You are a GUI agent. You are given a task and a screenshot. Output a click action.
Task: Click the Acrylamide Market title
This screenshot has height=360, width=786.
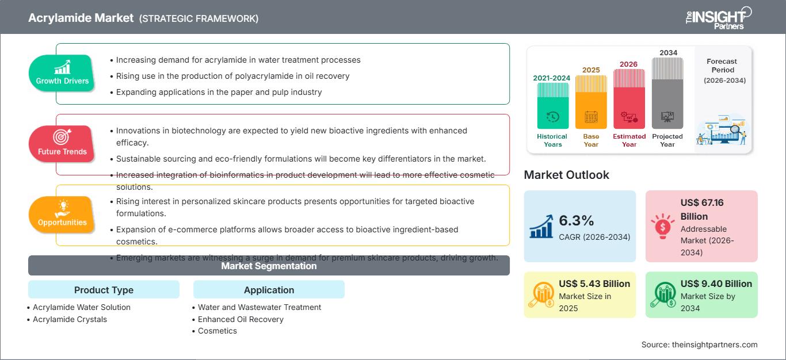pyautogui.click(x=81, y=18)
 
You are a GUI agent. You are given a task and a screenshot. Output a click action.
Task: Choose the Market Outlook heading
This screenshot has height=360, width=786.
pyautogui.click(x=566, y=175)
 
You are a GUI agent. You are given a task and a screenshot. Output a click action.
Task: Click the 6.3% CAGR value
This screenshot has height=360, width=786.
pyautogui.click(x=576, y=221)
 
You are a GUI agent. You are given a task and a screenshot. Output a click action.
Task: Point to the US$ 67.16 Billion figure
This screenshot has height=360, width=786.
pyautogui.click(x=701, y=209)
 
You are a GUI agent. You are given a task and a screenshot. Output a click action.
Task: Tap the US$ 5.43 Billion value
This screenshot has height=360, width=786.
pyautogui.click(x=594, y=284)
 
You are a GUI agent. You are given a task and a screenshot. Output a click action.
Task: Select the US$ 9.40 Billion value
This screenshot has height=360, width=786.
pyautogui.click(x=716, y=284)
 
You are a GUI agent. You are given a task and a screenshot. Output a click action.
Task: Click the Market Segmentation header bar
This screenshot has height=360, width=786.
pyautogui.click(x=269, y=266)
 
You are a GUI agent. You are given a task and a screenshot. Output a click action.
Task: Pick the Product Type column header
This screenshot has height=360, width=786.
pyautogui.click(x=104, y=290)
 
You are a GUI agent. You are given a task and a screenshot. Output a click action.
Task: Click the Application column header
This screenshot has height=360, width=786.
pyautogui.click(x=269, y=290)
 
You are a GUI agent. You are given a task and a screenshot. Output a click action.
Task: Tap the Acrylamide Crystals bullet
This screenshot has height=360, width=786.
pyautogui.click(x=70, y=319)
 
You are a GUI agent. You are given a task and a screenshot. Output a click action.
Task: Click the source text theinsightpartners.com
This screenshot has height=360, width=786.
pyautogui.click(x=714, y=344)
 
